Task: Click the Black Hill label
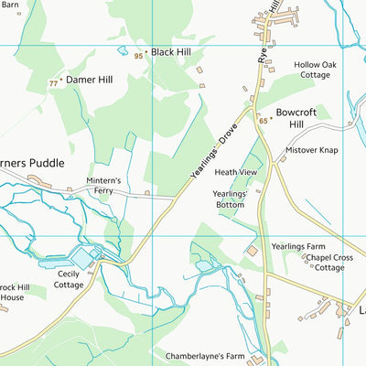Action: click(x=170, y=52)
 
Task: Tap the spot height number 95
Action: click(x=138, y=56)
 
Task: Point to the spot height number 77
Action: click(x=53, y=84)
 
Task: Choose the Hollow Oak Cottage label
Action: click(x=312, y=70)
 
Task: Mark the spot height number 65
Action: click(x=263, y=120)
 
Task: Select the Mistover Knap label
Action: click(x=312, y=149)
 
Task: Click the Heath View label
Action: click(x=236, y=172)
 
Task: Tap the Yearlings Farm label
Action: click(x=298, y=247)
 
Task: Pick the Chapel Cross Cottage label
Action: click(x=330, y=264)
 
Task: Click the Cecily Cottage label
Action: click(x=69, y=279)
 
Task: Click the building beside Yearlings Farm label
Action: click(x=253, y=250)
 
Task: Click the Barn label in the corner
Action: click(x=12, y=4)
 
